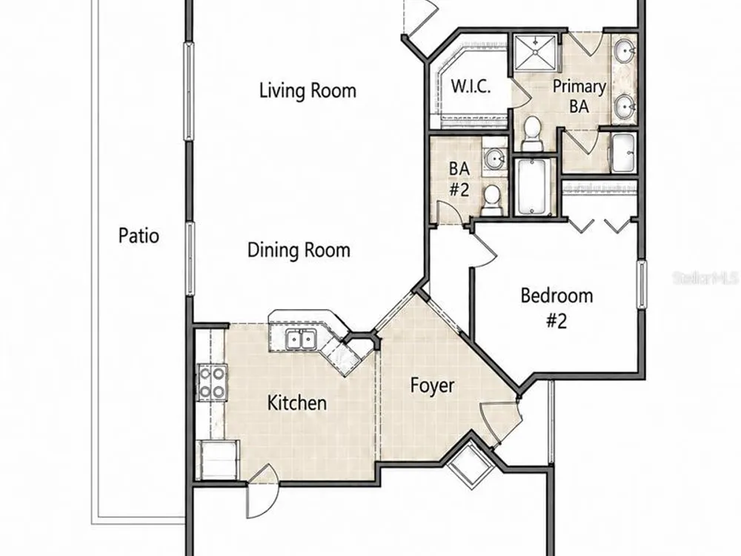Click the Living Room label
(308, 90)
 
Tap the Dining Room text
(299, 250)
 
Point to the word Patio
(139, 236)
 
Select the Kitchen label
(297, 403)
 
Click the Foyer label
(432, 385)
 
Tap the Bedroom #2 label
(556, 308)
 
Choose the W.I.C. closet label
(471, 87)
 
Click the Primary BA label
(579, 96)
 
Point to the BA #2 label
(459, 179)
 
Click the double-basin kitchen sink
(301, 340)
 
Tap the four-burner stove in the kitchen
(211, 383)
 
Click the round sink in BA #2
(495, 158)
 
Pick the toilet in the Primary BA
(533, 133)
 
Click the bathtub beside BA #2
(534, 187)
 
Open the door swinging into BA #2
(450, 213)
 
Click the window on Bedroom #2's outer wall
(641, 284)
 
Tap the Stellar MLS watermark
(706, 278)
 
